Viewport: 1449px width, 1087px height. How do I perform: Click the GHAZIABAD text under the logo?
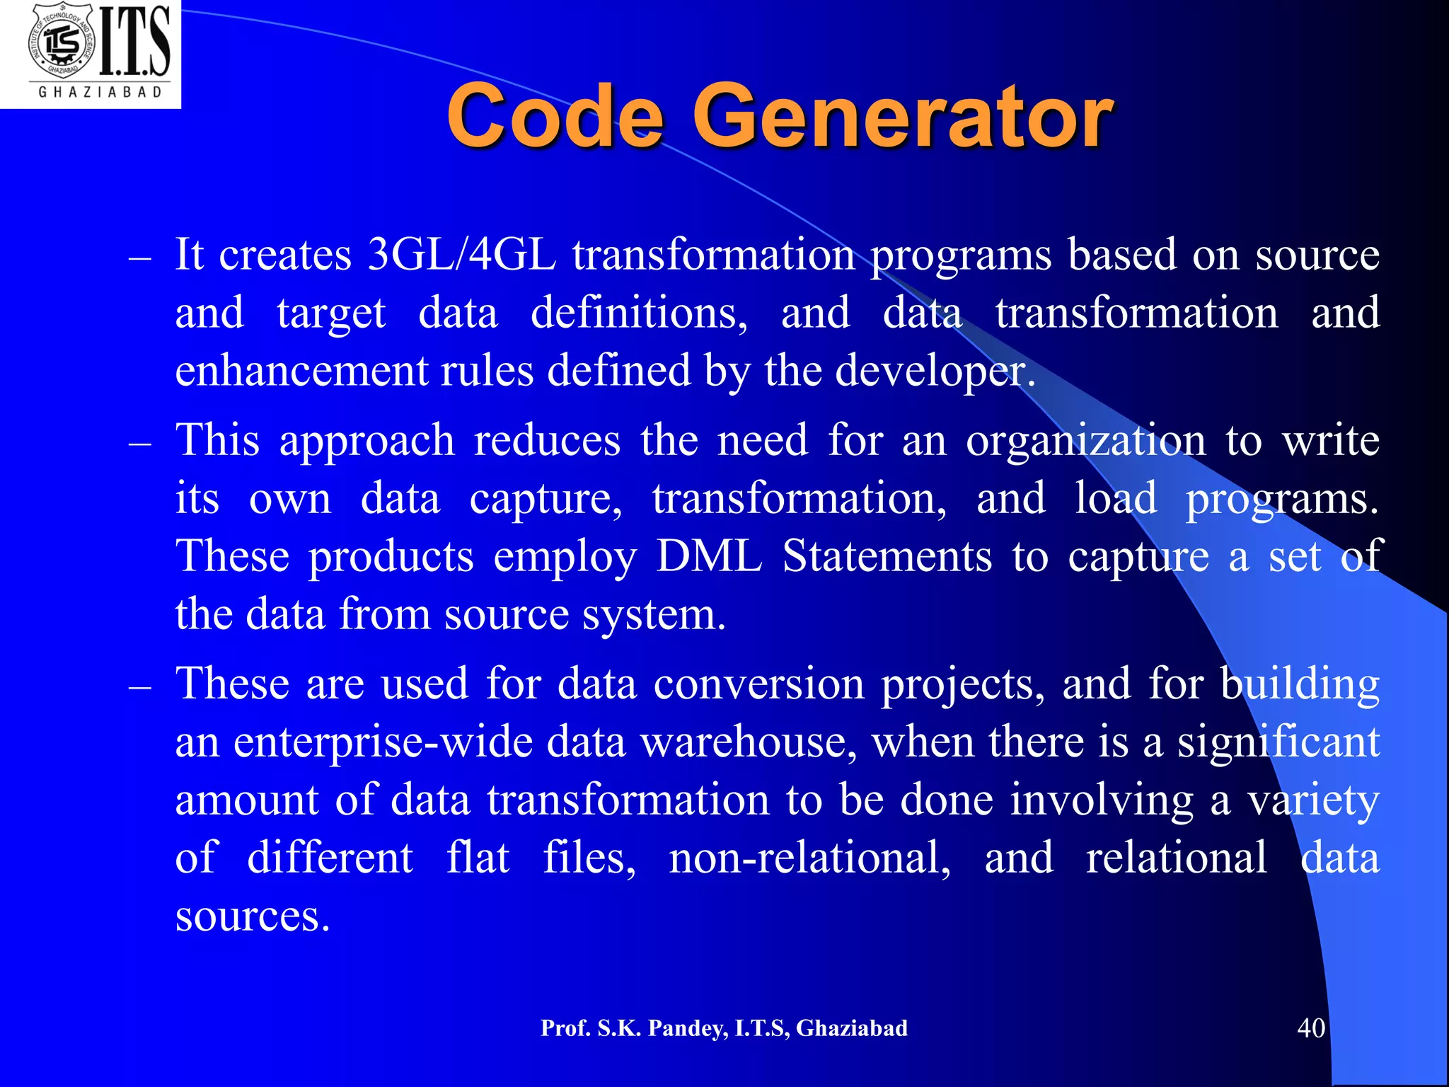tap(100, 93)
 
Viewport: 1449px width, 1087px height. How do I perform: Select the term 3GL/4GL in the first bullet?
tap(462, 255)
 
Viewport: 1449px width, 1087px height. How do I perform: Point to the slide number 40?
tap(1310, 1028)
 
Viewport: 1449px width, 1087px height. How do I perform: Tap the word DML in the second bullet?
tap(710, 556)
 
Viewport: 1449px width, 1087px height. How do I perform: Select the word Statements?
tap(887, 556)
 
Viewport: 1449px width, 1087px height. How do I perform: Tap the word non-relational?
tap(810, 858)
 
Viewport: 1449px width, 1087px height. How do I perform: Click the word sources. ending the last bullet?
tap(253, 917)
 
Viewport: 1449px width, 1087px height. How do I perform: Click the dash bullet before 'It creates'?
tap(140, 259)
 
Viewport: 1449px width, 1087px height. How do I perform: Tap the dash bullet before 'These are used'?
tap(140, 688)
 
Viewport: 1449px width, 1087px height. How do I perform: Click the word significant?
tap(1278, 743)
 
